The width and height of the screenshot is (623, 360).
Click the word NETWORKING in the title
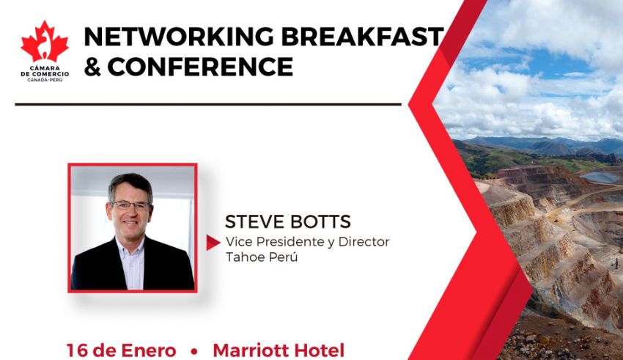(179, 37)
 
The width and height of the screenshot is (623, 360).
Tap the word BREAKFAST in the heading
(362, 37)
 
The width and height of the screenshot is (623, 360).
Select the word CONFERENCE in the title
(200, 67)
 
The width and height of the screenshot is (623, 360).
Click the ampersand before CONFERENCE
(92, 67)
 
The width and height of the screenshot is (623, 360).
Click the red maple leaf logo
(45, 42)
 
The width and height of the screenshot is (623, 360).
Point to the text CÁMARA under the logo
(45, 68)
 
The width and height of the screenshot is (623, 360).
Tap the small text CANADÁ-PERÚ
(45, 80)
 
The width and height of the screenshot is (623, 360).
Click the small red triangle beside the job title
(213, 243)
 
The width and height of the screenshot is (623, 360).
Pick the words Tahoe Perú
(262, 257)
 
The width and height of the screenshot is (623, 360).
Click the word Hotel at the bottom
(321, 350)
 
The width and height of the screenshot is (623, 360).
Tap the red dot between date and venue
(194, 351)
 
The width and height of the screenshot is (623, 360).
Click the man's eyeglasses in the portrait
(130, 205)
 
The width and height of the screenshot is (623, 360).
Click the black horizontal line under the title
(208, 105)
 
